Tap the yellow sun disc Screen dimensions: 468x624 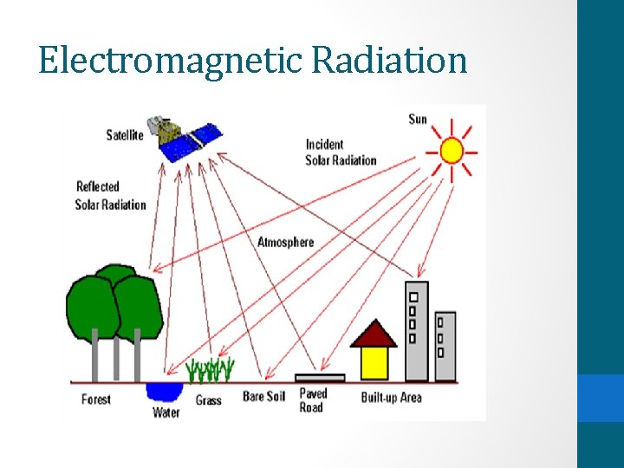(452, 151)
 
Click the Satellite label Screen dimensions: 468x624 (126, 134)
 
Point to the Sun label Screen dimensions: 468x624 (418, 119)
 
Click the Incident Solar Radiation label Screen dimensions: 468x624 (341, 153)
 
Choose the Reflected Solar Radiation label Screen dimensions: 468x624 (110, 196)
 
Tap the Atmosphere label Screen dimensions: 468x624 (285, 242)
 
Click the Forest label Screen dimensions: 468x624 (96, 400)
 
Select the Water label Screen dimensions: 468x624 (166, 413)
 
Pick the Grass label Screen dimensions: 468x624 (208, 400)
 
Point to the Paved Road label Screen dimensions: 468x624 (313, 400)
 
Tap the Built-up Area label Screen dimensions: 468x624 (391, 398)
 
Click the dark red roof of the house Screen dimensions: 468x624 (374, 335)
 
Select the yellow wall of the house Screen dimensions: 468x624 (374, 362)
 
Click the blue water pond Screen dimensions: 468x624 (164, 391)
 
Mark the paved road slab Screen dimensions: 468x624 (320, 378)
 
